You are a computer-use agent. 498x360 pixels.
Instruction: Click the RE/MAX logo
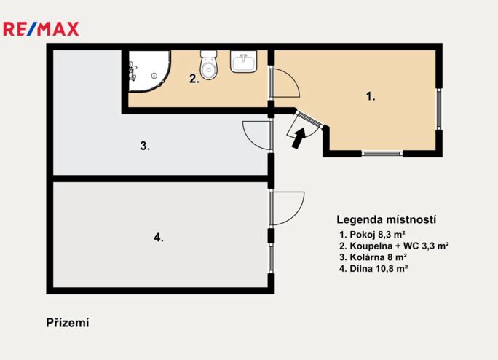41,29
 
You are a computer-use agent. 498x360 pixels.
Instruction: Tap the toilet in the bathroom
209,65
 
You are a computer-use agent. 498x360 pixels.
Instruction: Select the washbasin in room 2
244,61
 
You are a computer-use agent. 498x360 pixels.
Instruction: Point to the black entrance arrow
299,138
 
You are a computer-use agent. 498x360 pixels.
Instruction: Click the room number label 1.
371,96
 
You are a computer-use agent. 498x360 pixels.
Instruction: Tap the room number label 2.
194,79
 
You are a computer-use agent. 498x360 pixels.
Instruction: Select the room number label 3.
145,146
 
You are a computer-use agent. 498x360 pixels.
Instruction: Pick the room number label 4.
159,238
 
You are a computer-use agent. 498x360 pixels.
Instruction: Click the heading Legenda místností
386,219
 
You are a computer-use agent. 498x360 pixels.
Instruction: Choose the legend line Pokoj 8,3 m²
372,235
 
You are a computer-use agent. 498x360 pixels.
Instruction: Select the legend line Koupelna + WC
394,246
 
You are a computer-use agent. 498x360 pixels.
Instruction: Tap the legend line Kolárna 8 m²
373,257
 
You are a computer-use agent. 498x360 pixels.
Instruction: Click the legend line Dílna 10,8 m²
373,268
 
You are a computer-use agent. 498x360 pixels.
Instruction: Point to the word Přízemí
68,323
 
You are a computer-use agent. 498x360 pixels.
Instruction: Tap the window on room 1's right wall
438,109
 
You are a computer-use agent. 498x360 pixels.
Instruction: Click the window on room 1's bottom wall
382,154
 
